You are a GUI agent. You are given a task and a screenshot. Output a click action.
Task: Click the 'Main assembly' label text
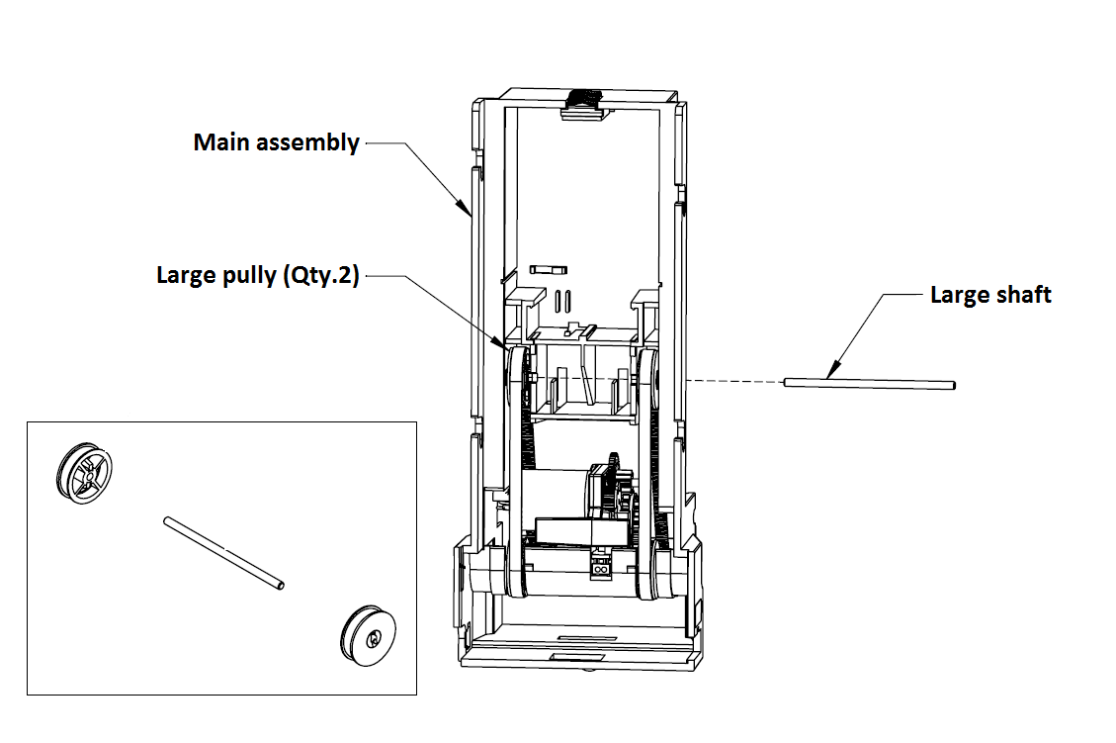(276, 142)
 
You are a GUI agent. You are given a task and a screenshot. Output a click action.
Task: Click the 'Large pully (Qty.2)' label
(257, 274)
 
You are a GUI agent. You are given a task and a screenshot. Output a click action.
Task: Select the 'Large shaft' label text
(990, 295)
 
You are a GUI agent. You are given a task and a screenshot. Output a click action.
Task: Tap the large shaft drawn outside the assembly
(870, 383)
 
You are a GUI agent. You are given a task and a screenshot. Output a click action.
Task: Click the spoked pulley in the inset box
(84, 471)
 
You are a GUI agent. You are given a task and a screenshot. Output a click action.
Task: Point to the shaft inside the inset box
(224, 553)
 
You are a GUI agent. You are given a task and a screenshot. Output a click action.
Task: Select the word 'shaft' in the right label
(1025, 295)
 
